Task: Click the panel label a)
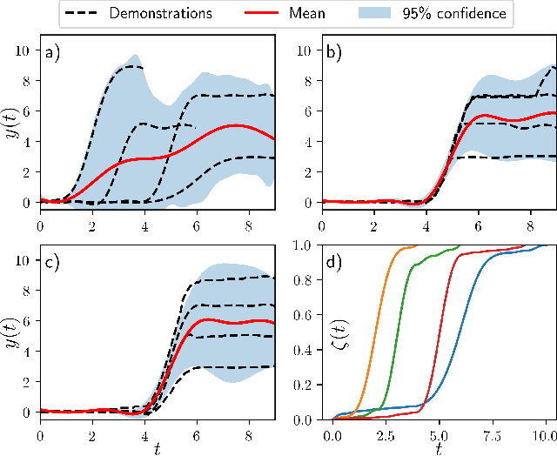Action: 51,54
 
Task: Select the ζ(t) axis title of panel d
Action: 293,332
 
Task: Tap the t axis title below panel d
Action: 440,448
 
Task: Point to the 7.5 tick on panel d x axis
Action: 493,432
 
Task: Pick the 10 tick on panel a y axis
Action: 23,50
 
